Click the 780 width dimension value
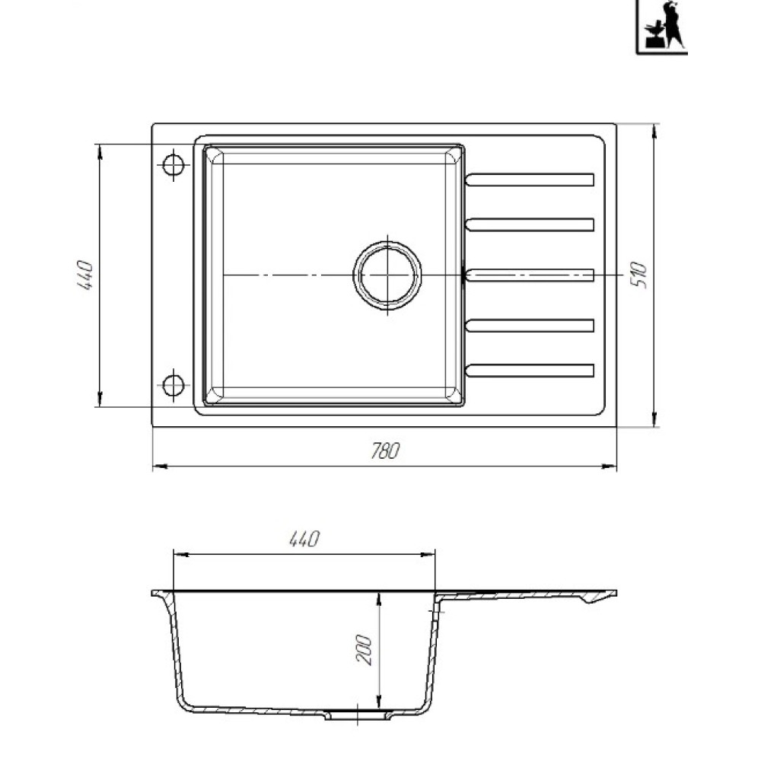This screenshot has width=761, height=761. click(x=385, y=451)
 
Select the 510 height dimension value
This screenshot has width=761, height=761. click(x=640, y=275)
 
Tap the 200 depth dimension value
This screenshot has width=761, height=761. click(x=364, y=649)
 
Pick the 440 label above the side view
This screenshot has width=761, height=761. click(x=305, y=539)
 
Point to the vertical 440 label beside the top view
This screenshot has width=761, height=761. click(x=85, y=275)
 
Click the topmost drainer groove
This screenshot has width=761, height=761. click(x=530, y=180)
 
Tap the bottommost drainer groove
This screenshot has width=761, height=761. click(x=530, y=371)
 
